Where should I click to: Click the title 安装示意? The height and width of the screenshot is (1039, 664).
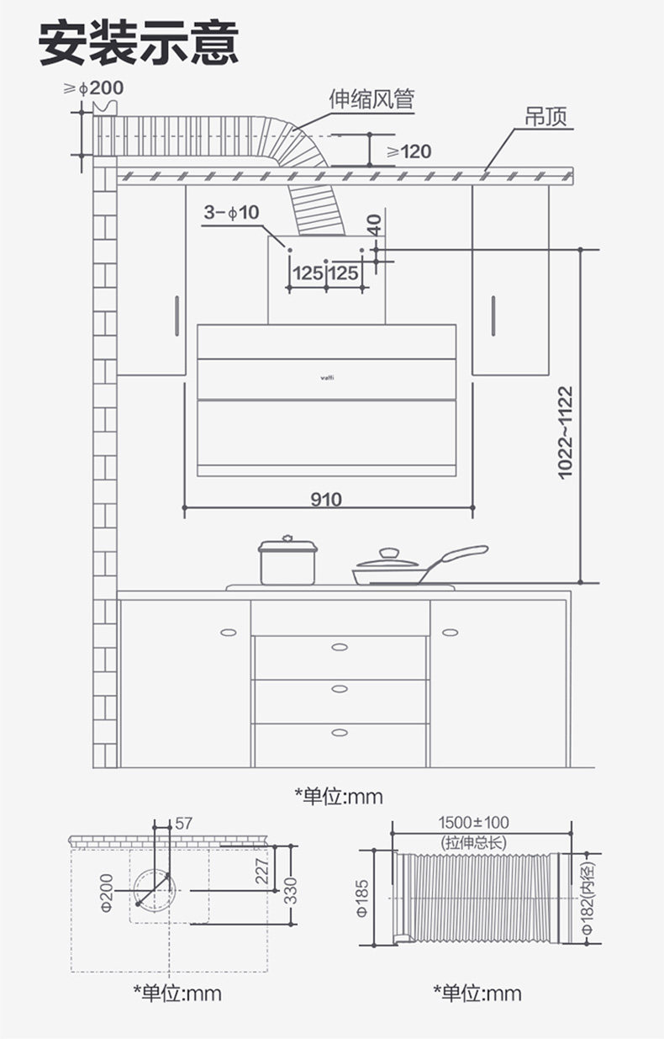[139, 43]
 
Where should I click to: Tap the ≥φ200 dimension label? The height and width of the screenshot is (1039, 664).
[93, 87]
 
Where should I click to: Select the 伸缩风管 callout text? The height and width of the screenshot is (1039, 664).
[372, 98]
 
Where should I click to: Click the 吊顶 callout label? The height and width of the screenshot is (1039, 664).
[545, 116]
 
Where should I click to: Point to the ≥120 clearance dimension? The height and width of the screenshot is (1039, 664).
[408, 151]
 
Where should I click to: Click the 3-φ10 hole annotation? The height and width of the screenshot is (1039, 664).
[231, 213]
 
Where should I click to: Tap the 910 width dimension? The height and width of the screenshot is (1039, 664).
[326, 499]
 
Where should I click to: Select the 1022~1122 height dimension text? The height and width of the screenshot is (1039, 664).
[566, 432]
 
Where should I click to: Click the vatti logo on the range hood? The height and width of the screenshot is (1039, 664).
[327, 378]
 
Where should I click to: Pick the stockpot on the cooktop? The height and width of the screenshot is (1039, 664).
[287, 560]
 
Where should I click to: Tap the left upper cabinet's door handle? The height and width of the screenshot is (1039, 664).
[177, 315]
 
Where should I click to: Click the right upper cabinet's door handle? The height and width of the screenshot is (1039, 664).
[493, 315]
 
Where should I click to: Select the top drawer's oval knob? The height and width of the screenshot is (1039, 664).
[340, 647]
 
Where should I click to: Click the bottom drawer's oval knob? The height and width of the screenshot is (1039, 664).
[340, 733]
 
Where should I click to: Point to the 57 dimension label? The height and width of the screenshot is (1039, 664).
[183, 824]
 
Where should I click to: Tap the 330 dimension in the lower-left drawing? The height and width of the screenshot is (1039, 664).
[291, 891]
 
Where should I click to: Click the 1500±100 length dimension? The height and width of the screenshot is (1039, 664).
[473, 823]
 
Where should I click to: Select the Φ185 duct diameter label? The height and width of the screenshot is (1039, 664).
[362, 898]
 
